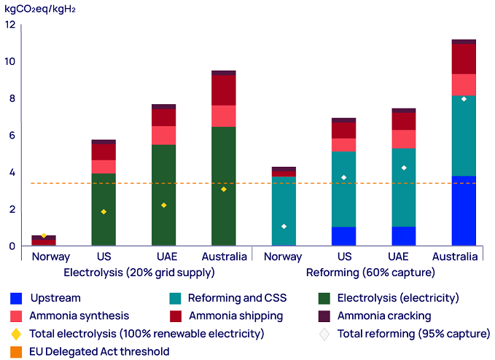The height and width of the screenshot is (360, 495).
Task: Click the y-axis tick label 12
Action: tap(9, 25)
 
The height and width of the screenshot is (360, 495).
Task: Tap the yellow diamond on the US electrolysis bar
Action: tap(104, 212)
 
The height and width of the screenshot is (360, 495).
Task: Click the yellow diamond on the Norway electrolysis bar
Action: tap(44, 235)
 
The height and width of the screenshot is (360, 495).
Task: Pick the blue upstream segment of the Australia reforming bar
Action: tap(464, 211)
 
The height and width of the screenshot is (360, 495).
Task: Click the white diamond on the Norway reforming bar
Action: tap(284, 227)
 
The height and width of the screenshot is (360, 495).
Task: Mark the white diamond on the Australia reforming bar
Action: tap(464, 99)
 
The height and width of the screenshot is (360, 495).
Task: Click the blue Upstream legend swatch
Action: tap(16, 298)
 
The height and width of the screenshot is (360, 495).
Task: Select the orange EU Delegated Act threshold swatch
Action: tap(16, 352)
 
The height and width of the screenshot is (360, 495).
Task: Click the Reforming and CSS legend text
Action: tap(237, 298)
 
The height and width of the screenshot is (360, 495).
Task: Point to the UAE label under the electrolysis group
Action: tap(163, 257)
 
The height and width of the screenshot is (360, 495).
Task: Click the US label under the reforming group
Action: tap(344, 257)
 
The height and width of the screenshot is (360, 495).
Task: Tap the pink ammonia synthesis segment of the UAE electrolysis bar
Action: tap(163, 136)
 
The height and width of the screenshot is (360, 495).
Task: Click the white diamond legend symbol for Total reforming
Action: tap(325, 334)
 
